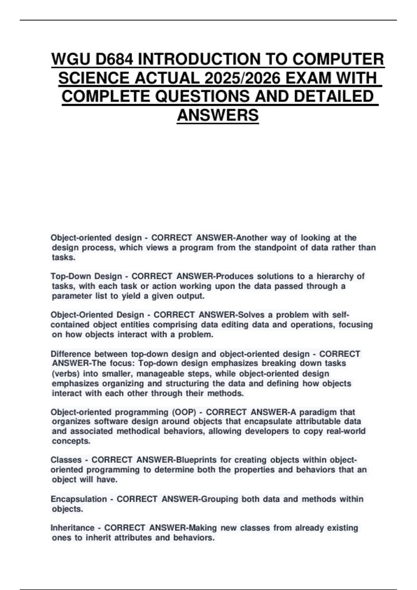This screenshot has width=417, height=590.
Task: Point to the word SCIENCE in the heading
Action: tap(93, 78)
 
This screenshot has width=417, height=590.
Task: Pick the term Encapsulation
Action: tap(79, 499)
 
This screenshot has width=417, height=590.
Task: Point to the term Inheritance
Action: tap(72, 528)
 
